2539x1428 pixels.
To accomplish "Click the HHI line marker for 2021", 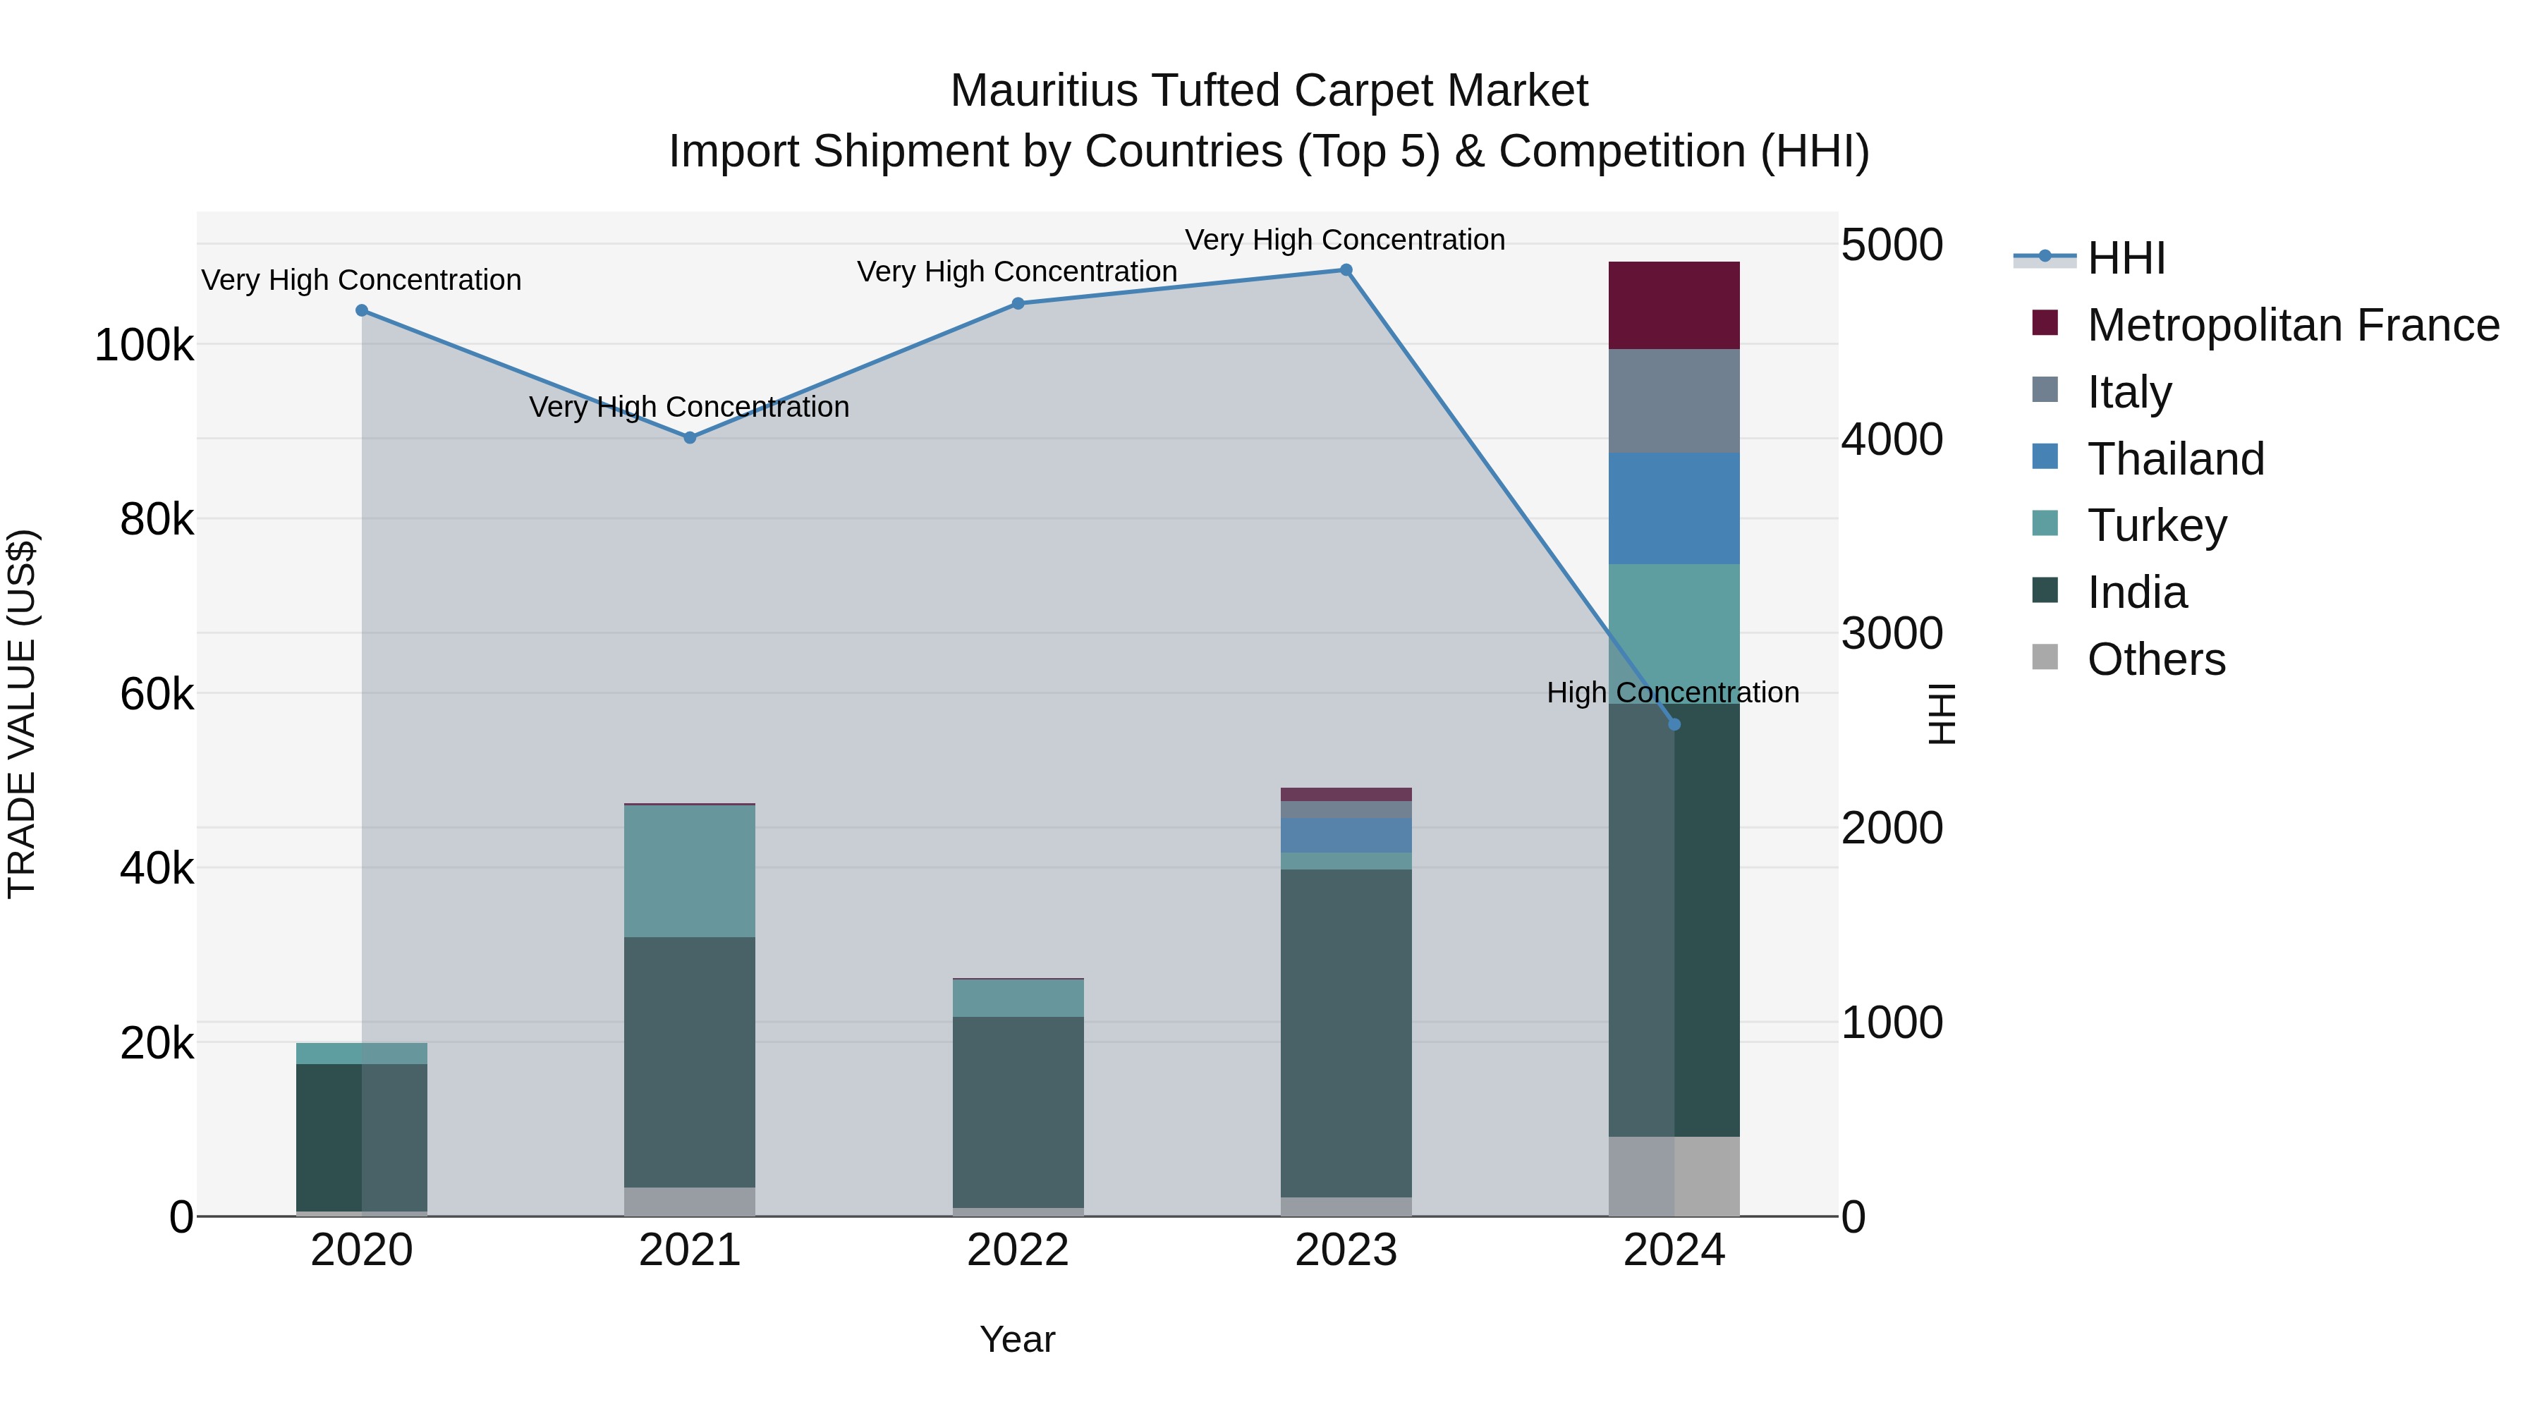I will (690, 437).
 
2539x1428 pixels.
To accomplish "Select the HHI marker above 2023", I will (1346, 270).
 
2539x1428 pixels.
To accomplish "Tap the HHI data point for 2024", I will (1674, 724).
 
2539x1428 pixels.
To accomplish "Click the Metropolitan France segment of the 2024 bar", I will (1674, 305).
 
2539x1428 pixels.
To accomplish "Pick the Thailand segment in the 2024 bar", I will (1674, 508).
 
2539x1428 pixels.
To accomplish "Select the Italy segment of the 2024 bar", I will (1674, 401).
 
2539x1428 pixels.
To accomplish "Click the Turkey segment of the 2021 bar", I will (690, 871).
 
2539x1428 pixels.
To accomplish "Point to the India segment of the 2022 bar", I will (1018, 1111).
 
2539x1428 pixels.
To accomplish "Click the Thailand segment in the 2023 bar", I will (1346, 835).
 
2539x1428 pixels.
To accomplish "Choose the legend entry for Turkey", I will (2157, 525).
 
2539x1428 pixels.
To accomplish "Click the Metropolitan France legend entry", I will (2293, 325).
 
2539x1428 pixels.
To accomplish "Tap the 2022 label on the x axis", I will (1018, 1250).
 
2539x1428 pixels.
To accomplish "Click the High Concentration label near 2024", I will (1673, 692).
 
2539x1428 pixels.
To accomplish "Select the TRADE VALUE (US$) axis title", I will (22, 714).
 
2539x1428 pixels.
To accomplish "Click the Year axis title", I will (1017, 1339).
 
